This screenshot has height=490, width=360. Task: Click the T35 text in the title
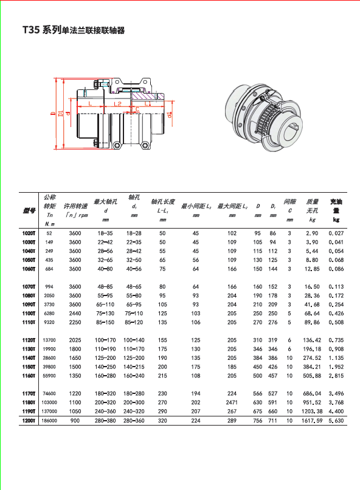coord(31,30)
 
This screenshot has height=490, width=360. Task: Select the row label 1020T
coord(29,233)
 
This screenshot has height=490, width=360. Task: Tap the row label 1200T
coord(29,421)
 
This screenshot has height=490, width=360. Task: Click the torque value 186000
coord(49,421)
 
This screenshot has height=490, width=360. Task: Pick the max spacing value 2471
coord(232,402)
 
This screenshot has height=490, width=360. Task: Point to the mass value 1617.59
coord(312,421)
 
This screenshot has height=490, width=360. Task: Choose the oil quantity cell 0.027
coord(336,233)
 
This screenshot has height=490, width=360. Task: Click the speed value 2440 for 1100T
coord(75,314)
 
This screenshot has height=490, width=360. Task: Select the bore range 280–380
coord(105,421)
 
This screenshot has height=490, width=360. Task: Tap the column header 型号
coord(29,210)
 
